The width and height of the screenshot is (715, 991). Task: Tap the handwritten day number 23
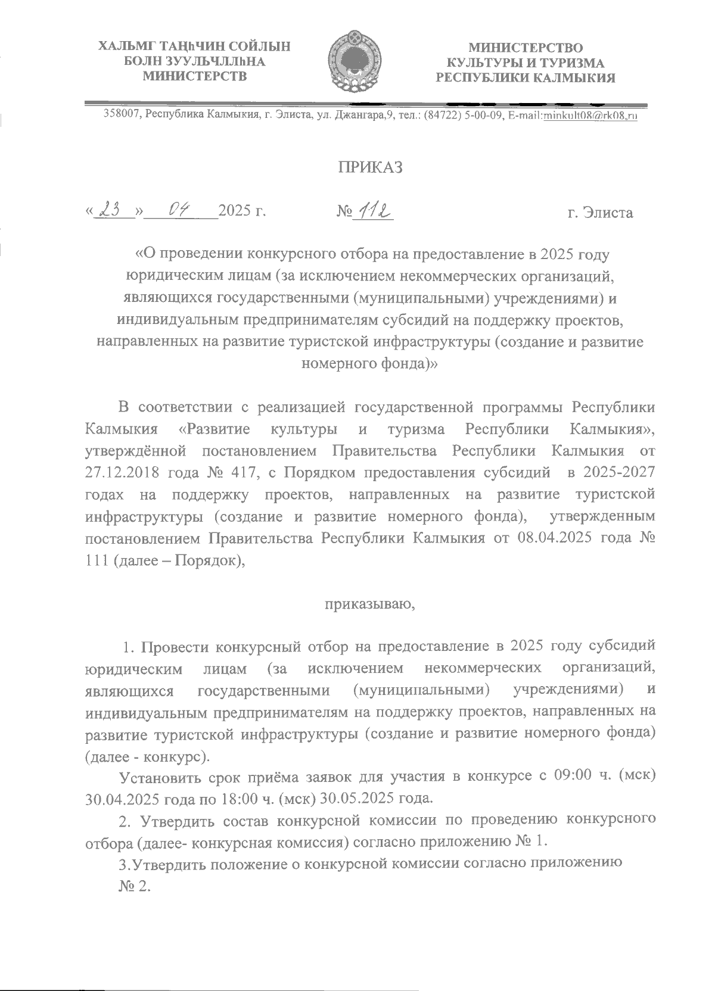[x=112, y=210]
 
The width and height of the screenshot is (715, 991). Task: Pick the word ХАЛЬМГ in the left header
[x=122, y=46]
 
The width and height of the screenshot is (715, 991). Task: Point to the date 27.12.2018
[x=123, y=473]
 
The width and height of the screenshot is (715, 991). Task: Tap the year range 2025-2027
[x=620, y=473]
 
